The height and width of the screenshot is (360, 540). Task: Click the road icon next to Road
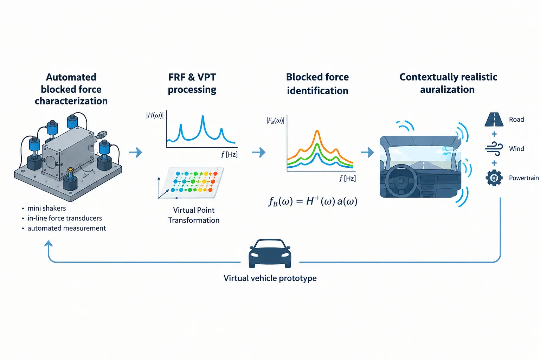pyautogui.click(x=494, y=120)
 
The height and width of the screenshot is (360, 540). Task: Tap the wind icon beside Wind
pyautogui.click(x=494, y=148)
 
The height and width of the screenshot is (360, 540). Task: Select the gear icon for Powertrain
pyautogui.click(x=494, y=178)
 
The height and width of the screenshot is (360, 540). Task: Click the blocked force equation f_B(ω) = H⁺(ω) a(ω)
pyautogui.click(x=313, y=201)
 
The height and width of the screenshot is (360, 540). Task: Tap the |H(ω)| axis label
pyautogui.click(x=155, y=115)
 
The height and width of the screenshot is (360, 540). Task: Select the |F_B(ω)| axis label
pyautogui.click(x=275, y=120)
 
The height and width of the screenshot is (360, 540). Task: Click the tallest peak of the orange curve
pyautogui.click(x=317, y=131)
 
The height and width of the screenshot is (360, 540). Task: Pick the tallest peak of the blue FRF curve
pyautogui.click(x=203, y=116)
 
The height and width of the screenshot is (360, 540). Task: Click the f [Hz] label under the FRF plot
pyautogui.click(x=229, y=154)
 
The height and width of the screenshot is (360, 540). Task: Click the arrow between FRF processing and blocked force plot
pyautogui.click(x=259, y=152)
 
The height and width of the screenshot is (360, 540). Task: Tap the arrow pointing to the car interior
pyautogui.click(x=367, y=152)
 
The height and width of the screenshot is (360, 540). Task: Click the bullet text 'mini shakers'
pyautogui.click(x=47, y=208)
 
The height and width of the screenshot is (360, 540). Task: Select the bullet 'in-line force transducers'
pyautogui.click(x=65, y=218)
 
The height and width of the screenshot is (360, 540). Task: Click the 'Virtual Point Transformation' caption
pyautogui.click(x=194, y=215)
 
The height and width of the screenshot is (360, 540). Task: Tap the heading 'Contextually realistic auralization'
pyautogui.click(x=448, y=83)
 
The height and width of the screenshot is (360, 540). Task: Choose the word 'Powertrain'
pyautogui.click(x=523, y=178)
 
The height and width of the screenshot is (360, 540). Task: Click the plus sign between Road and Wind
pyautogui.click(x=494, y=134)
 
